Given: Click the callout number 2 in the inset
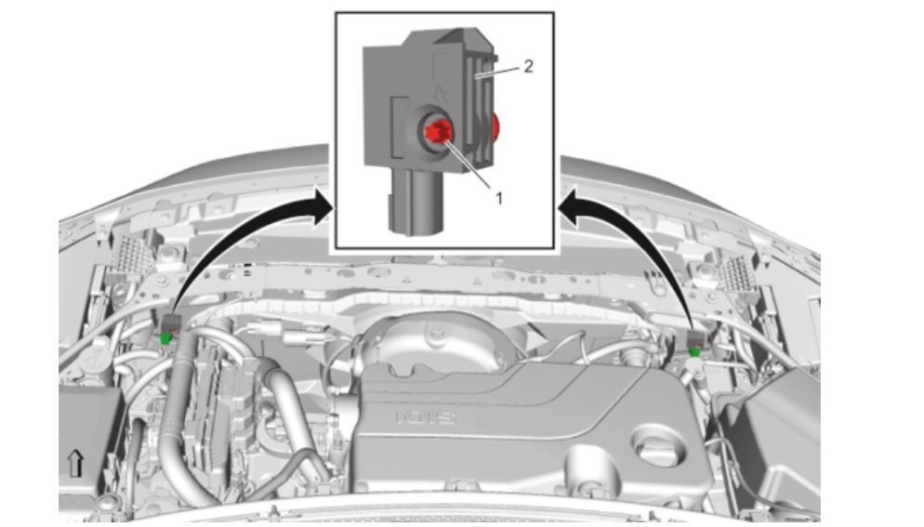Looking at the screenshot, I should click(527, 68).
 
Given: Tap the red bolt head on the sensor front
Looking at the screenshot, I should click(438, 133).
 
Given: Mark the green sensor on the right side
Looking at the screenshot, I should click(694, 351).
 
